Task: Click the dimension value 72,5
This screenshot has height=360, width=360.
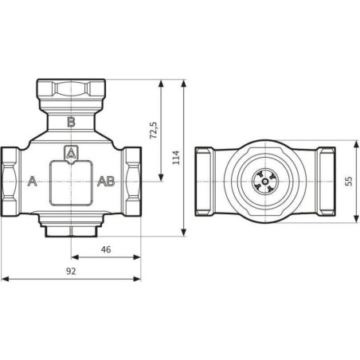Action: tap(154, 130)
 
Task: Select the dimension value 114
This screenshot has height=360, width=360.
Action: tap(176, 158)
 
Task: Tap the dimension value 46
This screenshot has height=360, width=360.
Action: tap(106, 249)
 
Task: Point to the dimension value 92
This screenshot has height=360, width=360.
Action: tap(71, 272)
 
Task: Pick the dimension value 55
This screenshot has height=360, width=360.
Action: tap(350, 181)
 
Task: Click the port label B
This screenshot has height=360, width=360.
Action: tap(71, 122)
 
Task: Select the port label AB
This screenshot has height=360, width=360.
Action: tap(106, 181)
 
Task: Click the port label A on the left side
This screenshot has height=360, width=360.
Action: tap(32, 181)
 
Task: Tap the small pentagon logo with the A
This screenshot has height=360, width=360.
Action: tap(71, 154)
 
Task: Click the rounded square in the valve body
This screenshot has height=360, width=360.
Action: tap(71, 183)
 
